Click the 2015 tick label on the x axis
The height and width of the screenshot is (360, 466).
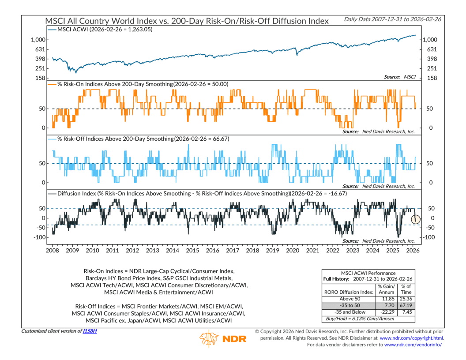pos(192,251)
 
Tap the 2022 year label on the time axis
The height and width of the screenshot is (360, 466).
pos(333,251)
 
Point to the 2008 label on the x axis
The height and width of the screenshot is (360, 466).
pos(52,251)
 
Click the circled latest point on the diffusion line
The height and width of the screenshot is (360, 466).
pos(416,219)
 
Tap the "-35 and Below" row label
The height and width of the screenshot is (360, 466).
pos(349,313)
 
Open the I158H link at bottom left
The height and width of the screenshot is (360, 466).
pos(90,331)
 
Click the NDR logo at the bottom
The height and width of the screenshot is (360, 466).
pos(223,339)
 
